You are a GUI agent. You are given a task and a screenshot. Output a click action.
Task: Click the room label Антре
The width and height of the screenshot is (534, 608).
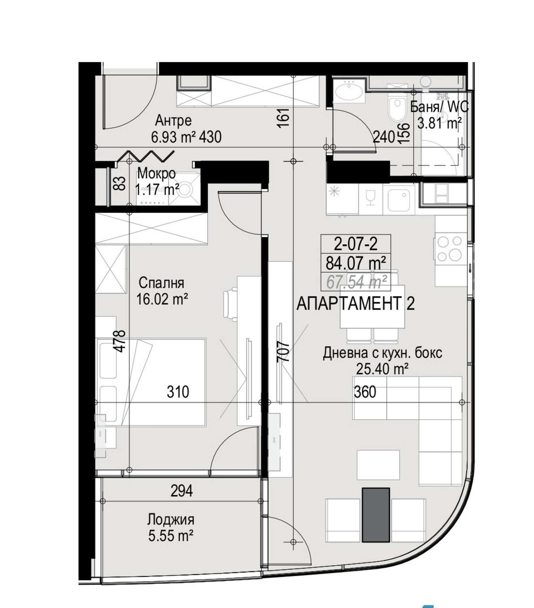point(173,121)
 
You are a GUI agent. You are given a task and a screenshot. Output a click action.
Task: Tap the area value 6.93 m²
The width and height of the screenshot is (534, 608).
point(174,137)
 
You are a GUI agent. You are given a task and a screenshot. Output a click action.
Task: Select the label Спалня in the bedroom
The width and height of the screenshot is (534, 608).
point(161,283)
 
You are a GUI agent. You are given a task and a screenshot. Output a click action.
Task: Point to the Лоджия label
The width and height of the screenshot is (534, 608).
point(171,520)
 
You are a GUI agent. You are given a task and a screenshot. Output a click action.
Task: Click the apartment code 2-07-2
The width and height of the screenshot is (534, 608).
point(356,244)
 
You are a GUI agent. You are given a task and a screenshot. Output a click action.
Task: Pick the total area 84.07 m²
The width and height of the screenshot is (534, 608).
point(356,263)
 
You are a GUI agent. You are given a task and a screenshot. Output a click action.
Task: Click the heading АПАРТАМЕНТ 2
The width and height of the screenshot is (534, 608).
point(356,304)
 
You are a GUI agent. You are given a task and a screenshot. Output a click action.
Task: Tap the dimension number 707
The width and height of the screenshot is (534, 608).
point(284,352)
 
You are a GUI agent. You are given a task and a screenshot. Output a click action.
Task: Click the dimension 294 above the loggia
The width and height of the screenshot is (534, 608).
point(182,491)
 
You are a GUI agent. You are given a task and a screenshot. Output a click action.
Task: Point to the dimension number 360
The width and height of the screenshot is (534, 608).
point(365,392)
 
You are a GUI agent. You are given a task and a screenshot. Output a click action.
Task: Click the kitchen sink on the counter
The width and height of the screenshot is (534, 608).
point(399,200)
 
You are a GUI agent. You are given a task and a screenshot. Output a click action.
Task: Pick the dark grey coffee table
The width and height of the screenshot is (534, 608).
point(376,515)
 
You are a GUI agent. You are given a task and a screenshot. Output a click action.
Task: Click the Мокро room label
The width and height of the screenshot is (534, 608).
point(157,174)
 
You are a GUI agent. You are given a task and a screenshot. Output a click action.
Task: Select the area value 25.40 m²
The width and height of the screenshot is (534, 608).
point(382,369)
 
